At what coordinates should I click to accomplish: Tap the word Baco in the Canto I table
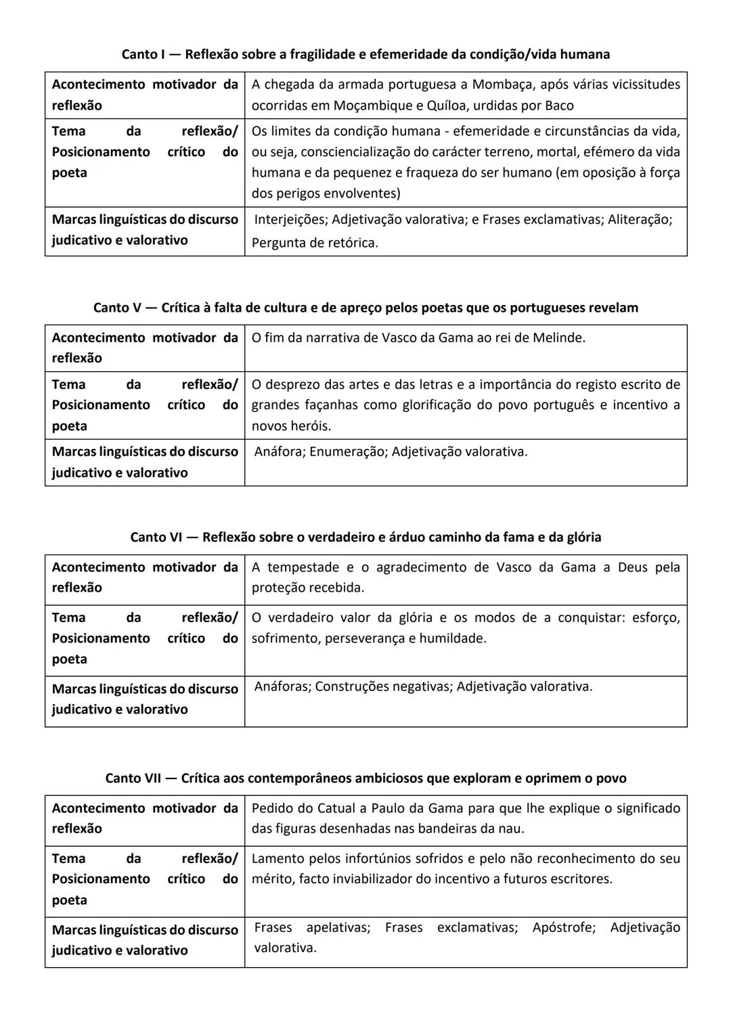(x=558, y=105)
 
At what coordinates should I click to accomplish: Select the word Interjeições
(x=290, y=219)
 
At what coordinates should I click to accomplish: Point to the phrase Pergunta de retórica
(x=315, y=243)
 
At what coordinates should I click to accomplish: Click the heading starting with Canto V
(x=365, y=308)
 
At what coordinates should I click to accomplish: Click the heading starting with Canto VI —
(x=365, y=537)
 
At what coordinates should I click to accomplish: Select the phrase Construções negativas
(x=383, y=686)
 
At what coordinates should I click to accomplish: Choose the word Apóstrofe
(x=563, y=927)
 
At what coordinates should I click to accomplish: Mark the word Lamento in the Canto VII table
(x=278, y=859)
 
